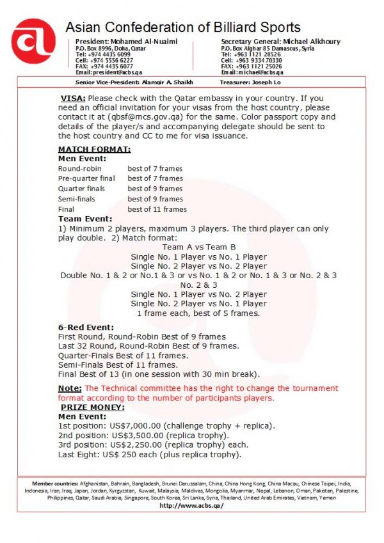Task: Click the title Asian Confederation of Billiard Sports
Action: tap(182, 28)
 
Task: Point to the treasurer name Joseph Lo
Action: tap(283, 82)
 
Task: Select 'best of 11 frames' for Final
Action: tap(157, 209)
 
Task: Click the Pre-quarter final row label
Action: tap(86, 178)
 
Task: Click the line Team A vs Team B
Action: tap(199, 247)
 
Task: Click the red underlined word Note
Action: tap(70, 388)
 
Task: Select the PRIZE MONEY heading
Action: tap(93, 407)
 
